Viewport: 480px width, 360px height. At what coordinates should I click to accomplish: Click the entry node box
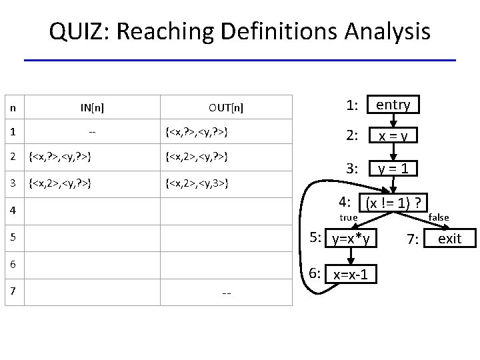point(393,105)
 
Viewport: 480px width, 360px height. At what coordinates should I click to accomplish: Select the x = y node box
point(393,136)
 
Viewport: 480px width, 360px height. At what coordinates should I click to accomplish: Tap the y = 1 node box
point(395,169)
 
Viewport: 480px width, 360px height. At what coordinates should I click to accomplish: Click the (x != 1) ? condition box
point(393,202)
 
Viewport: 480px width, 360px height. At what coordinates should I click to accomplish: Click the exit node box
point(449,239)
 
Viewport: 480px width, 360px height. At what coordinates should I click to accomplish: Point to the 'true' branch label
point(349,217)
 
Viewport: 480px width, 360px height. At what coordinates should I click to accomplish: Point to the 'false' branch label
point(439,217)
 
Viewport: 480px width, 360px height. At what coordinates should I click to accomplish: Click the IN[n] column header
point(92,107)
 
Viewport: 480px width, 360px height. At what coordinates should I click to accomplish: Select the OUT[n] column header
point(225,107)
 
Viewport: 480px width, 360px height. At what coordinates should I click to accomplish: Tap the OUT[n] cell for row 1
point(196,132)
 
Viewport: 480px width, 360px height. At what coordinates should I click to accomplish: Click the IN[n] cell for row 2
point(59,157)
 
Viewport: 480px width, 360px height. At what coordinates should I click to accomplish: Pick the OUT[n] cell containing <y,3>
point(196,181)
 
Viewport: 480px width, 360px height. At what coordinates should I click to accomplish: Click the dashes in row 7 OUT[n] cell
point(226,293)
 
